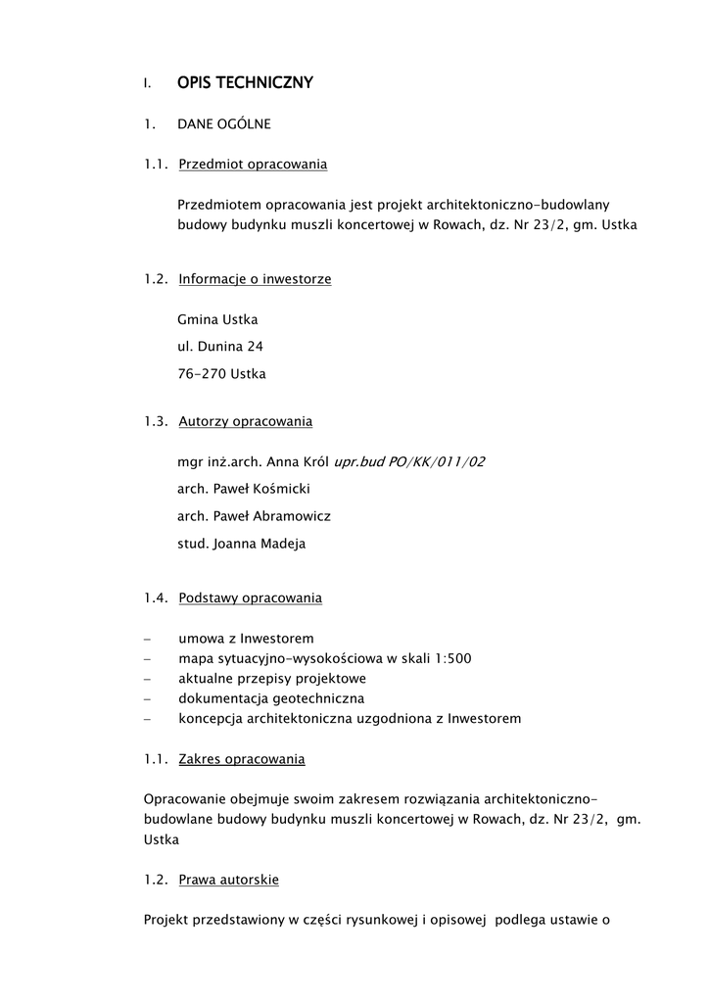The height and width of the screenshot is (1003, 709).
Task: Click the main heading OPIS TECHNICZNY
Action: [245, 83]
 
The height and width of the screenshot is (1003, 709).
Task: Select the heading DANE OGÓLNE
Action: [224, 124]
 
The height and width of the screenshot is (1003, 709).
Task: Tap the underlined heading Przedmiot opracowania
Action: [253, 165]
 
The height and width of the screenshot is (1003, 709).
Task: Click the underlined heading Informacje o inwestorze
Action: [255, 279]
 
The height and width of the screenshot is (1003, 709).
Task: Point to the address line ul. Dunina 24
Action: [220, 346]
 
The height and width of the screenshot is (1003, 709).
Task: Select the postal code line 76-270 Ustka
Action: [221, 373]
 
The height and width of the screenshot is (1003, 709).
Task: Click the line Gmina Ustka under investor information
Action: [217, 319]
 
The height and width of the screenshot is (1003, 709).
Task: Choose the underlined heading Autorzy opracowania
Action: [245, 421]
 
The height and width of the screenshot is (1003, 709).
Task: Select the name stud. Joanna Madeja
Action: [241, 544]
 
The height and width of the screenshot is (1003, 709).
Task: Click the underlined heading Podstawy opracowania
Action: [250, 597]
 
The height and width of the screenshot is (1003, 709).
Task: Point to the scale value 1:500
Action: [453, 658]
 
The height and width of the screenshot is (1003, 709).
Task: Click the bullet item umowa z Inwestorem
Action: [246, 638]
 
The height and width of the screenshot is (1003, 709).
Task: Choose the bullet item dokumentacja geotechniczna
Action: [271, 698]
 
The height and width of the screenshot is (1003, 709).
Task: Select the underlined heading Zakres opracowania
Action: [241, 759]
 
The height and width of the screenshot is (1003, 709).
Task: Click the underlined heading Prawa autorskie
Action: [228, 880]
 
